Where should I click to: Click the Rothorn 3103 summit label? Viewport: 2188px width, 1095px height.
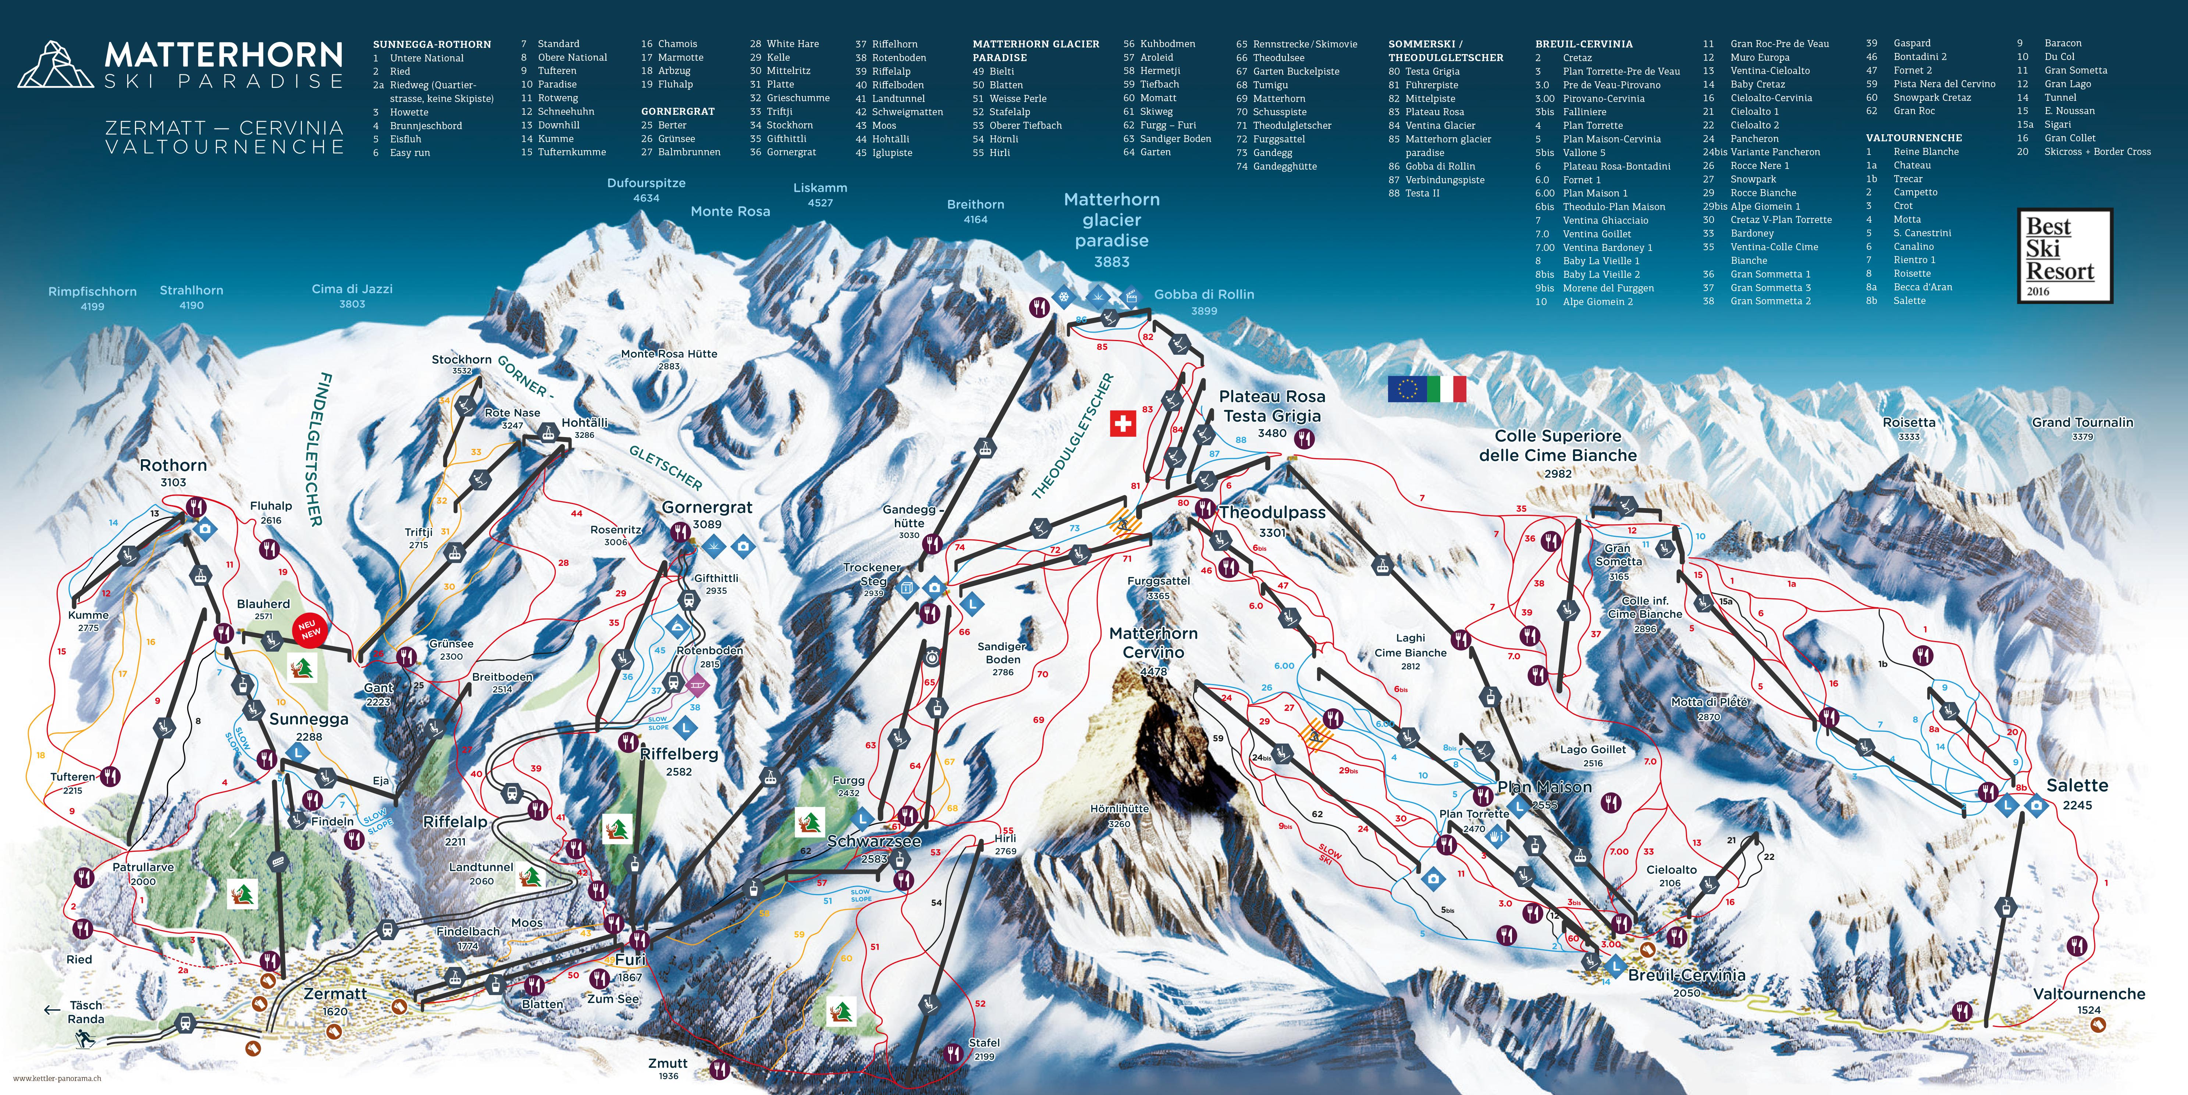coord(173,472)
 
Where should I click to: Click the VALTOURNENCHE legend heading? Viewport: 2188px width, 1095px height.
coord(1914,138)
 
